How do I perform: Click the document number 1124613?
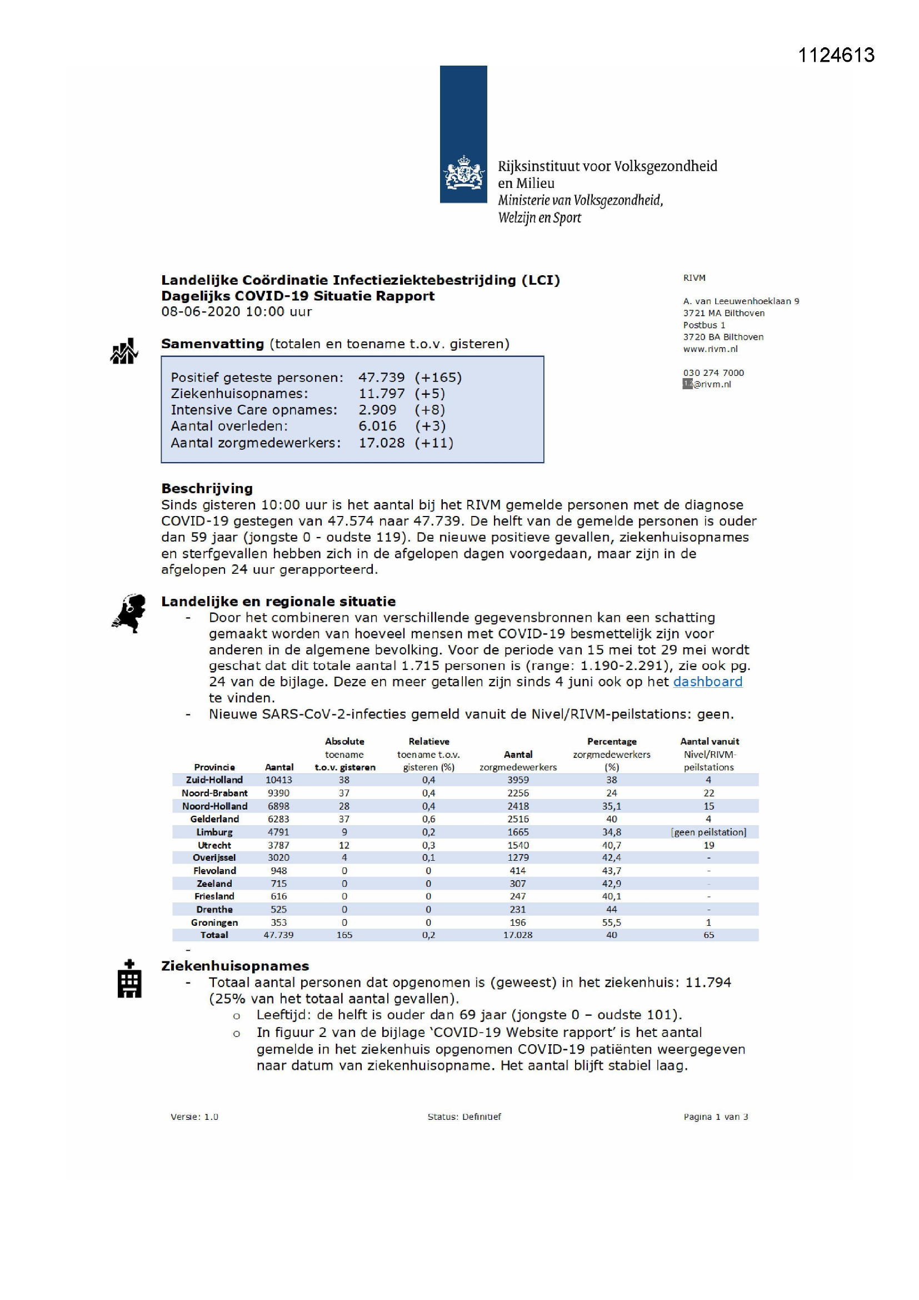pyautogui.click(x=836, y=55)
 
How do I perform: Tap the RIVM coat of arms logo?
pyautogui.click(x=463, y=174)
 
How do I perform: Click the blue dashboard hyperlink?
pyautogui.click(x=707, y=682)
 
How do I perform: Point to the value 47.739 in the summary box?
pyautogui.click(x=381, y=377)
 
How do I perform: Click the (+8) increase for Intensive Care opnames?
pyautogui.click(x=429, y=409)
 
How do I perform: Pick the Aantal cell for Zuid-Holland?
pyautogui.click(x=278, y=780)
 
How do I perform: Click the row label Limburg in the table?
pyautogui.click(x=214, y=832)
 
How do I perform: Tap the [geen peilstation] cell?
pyautogui.click(x=708, y=832)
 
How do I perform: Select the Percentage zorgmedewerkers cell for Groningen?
pyautogui.click(x=611, y=922)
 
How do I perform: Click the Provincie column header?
pyautogui.click(x=214, y=767)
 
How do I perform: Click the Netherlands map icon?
pyautogui.click(x=129, y=613)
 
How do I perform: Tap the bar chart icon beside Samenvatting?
pyautogui.click(x=124, y=351)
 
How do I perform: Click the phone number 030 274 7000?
pyautogui.click(x=713, y=373)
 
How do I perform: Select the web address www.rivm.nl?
pyautogui.click(x=710, y=349)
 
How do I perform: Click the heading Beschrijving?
pyautogui.click(x=207, y=488)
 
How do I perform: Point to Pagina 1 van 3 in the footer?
pyautogui.click(x=715, y=1117)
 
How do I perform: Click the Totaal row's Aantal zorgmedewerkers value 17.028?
pyautogui.click(x=517, y=935)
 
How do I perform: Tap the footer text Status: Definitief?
pyautogui.click(x=464, y=1117)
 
